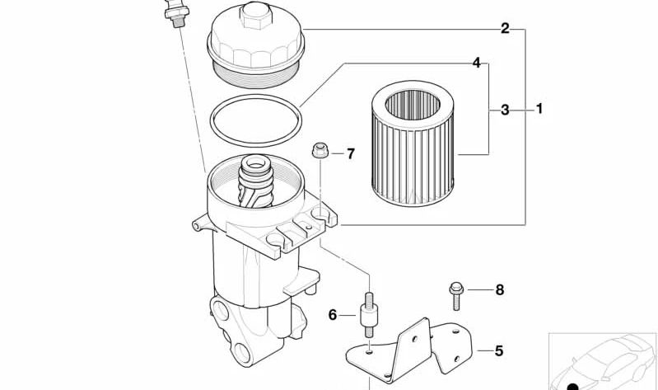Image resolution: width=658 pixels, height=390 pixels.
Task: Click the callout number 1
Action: tap(539, 109)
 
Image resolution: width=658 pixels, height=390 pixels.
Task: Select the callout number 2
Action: tap(506, 29)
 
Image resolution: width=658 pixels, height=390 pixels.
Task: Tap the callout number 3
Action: tap(505, 110)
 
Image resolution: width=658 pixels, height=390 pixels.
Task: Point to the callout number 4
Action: tap(476, 63)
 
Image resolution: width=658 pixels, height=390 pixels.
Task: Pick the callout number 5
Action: tap(498, 350)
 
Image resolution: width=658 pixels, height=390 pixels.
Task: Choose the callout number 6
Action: tap(333, 315)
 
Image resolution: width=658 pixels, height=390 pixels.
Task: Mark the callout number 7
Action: tap(351, 154)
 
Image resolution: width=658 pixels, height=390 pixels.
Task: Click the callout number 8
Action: tap(499, 289)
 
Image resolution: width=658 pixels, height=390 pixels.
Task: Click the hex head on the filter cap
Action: tap(255, 15)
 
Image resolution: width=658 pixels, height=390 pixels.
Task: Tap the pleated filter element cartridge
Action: tap(413, 143)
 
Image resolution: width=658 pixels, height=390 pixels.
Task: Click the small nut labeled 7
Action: tap(320, 150)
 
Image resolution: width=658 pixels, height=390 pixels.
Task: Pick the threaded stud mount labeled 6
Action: tap(368, 314)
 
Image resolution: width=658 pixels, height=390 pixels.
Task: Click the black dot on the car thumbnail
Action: tap(572, 387)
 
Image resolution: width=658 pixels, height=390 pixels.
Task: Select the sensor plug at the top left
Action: tap(177, 12)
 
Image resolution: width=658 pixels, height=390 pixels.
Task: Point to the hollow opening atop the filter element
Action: tap(413, 105)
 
